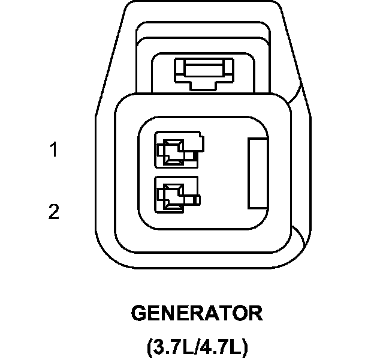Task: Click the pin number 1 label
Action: pyautogui.click(x=54, y=149)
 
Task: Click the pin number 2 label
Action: pyautogui.click(x=54, y=212)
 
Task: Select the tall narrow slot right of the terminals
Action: pyautogui.click(x=258, y=173)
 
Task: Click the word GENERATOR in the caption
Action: pyautogui.click(x=197, y=313)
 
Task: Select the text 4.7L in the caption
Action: pyautogui.click(x=218, y=346)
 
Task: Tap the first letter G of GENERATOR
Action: pyautogui.click(x=139, y=313)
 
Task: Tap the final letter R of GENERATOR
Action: pyautogui.click(x=255, y=313)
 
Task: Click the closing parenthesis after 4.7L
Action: pyautogui.click(x=243, y=347)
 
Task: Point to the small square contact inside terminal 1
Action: pyautogui.click(x=174, y=151)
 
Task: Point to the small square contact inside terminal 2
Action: pyautogui.click(x=171, y=196)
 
